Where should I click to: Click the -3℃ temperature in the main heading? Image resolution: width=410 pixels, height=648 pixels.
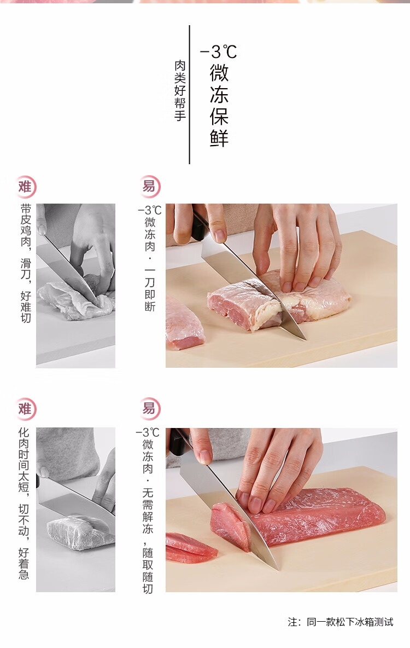(219, 52)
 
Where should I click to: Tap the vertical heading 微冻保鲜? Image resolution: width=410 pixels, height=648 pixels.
(219, 105)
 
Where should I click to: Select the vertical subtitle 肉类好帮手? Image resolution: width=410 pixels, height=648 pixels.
(180, 90)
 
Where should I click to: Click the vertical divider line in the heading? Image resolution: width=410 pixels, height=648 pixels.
(190, 95)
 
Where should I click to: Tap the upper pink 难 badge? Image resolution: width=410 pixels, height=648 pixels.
(26, 187)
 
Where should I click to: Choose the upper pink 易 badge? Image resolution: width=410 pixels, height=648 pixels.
(149, 187)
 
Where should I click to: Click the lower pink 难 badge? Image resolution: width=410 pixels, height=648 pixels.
(26, 409)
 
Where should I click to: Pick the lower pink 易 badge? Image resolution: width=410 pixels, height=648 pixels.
(149, 409)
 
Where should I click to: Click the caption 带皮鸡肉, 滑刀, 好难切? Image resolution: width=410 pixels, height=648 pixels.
(26, 263)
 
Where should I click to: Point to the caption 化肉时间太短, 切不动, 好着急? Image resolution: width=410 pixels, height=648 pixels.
(24, 504)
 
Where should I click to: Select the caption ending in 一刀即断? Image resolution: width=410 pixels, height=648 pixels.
(149, 258)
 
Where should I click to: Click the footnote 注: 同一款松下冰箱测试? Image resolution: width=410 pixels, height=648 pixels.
(341, 622)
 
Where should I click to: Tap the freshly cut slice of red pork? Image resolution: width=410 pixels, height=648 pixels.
(230, 526)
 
